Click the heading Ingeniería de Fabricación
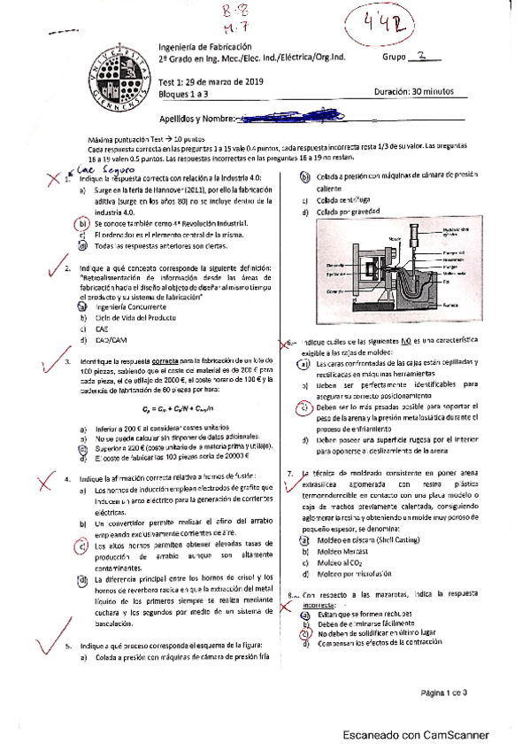click(x=204, y=46)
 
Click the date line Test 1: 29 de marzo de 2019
click(x=205, y=82)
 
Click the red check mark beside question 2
click(x=44, y=268)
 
